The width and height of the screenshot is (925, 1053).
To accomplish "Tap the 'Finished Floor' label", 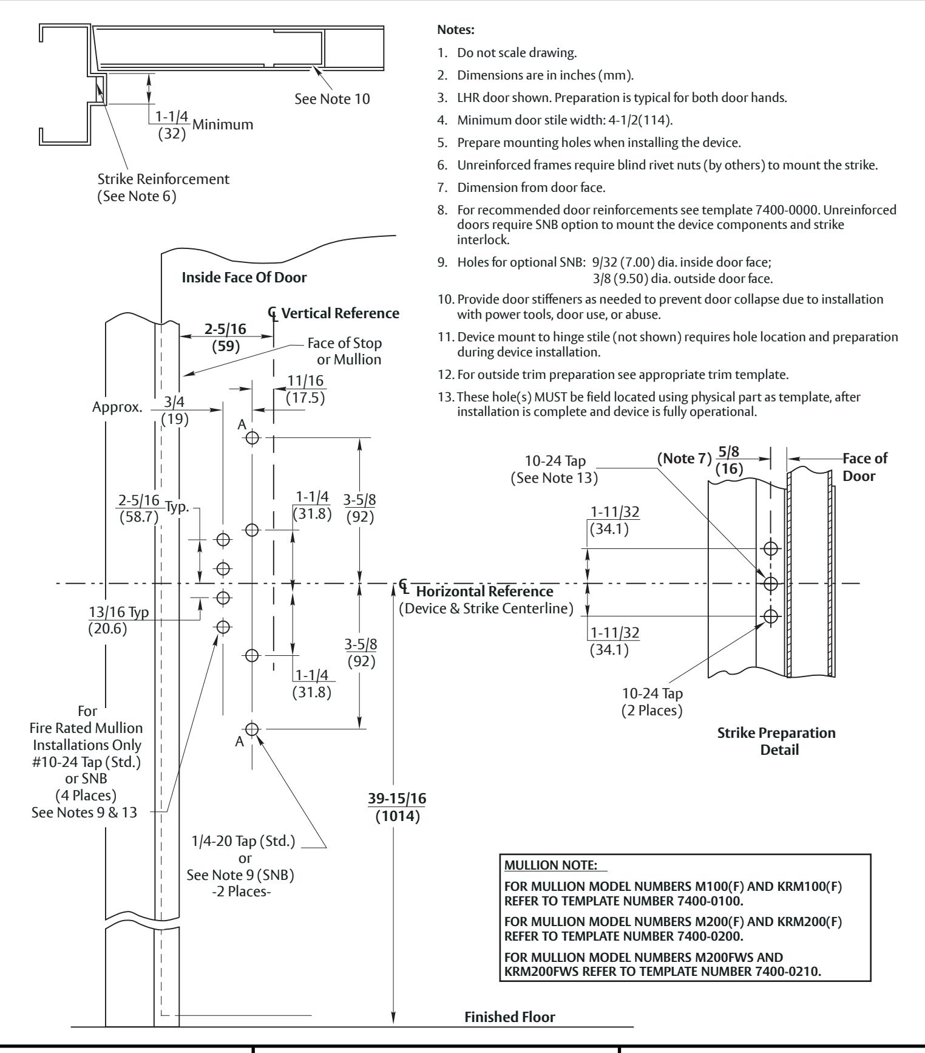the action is point(510,1017).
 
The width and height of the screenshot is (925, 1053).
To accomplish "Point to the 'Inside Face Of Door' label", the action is point(245,278).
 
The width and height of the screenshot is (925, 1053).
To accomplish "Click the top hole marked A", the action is point(252,437).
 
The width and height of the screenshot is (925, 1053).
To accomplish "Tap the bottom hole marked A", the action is point(252,729).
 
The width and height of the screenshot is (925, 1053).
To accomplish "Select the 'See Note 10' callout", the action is point(332,98).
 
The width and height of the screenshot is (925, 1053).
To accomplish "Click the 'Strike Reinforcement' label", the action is point(164,180).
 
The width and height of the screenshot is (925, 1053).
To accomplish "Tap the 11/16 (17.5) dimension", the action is point(305,389).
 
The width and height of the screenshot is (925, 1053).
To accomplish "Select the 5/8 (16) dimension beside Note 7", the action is point(730,460).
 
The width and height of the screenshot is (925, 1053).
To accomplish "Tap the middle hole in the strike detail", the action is point(771,584).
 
